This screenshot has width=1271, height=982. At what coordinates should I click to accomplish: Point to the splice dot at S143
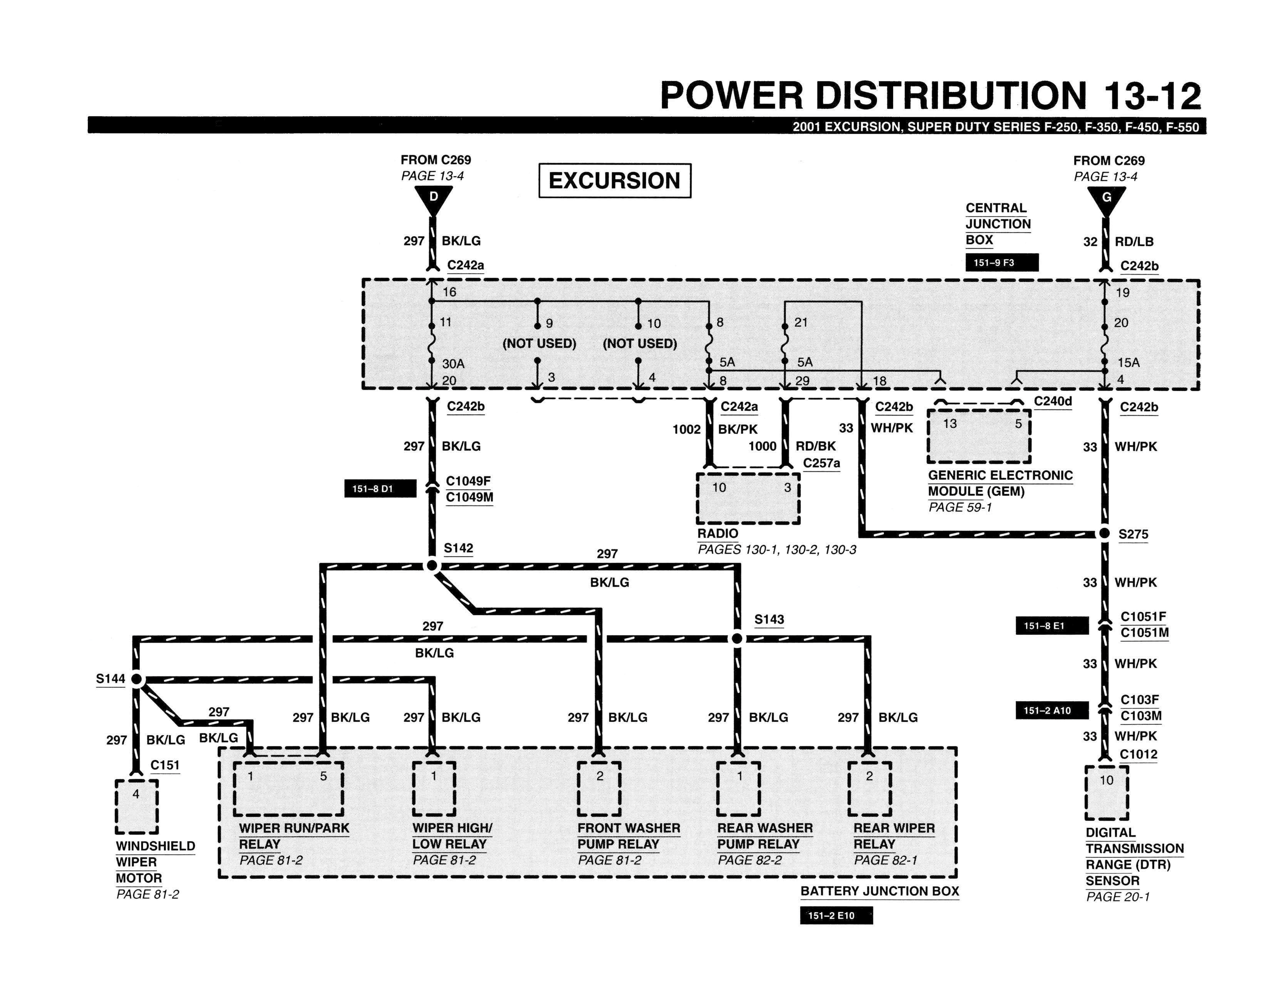coord(737,639)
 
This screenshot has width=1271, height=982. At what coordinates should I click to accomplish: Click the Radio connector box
coord(748,498)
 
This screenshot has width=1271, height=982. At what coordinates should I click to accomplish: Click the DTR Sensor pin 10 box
coord(1106,792)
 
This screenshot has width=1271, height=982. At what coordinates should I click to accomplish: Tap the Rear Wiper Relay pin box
coord(869,788)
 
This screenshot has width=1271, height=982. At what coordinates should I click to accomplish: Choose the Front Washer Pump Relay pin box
coord(599,788)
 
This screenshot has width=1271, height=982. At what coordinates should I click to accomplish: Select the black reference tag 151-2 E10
coord(836,915)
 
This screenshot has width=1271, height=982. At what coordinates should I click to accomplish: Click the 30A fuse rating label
coord(453,364)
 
